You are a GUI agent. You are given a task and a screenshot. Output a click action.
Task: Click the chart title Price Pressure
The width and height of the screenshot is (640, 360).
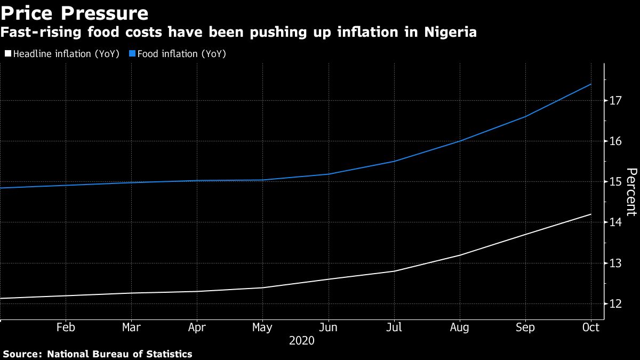coord(74,13)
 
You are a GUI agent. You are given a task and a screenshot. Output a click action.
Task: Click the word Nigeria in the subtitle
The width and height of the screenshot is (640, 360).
coord(450,33)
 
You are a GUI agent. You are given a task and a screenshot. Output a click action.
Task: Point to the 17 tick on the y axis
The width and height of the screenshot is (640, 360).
coord(616,101)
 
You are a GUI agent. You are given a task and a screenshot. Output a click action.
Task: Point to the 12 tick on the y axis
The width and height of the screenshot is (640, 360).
coord(616,304)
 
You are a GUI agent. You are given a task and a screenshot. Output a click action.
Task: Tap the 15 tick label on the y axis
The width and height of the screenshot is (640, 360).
coord(616,182)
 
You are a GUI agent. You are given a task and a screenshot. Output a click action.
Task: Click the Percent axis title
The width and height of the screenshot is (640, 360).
coord(631,192)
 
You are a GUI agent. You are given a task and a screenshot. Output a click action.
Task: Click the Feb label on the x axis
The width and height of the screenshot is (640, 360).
coord(65,327)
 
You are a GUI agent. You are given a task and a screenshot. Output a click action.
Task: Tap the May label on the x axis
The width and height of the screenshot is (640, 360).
coord(262,327)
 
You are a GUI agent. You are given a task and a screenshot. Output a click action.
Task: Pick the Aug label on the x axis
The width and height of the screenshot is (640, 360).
coord(460,327)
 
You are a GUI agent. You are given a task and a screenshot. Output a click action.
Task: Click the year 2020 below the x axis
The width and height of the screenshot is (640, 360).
coord(301,340)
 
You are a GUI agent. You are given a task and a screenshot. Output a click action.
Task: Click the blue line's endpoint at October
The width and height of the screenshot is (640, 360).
coord(591,84)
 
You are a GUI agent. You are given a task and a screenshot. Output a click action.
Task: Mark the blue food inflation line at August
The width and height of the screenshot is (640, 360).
coord(460,141)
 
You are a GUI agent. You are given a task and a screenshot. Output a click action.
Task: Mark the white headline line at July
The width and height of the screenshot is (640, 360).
coord(394,271)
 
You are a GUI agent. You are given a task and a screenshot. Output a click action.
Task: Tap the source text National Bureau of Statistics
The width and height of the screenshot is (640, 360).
coord(119,354)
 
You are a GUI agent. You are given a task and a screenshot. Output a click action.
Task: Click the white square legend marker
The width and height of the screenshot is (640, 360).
coord(7,54)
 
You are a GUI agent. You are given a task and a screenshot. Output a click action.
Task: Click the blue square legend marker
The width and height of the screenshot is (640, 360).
coord(132,54)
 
